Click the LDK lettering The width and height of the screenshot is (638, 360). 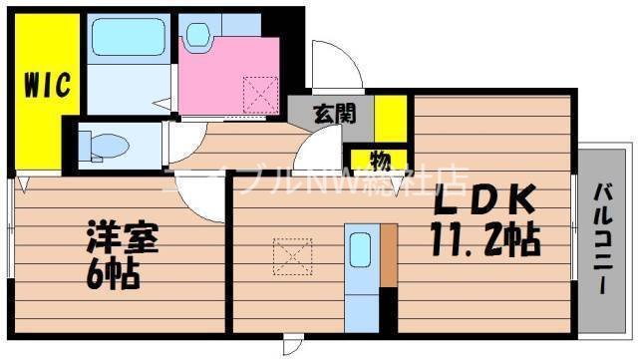pyautogui.click(x=485, y=203)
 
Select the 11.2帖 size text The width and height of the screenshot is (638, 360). pyautogui.click(x=485, y=238)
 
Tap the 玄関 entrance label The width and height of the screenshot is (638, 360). pyautogui.click(x=329, y=113)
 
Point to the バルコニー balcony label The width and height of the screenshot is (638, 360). pyautogui.click(x=605, y=238)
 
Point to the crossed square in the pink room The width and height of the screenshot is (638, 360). pyautogui.click(x=261, y=97)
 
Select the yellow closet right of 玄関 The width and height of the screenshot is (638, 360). pyautogui.click(x=391, y=117)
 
